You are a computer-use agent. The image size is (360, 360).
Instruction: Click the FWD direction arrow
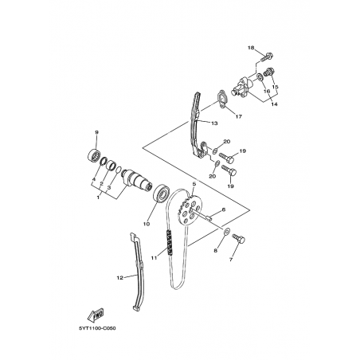pos(96,314)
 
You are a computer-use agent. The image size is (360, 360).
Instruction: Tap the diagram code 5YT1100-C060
pos(97,328)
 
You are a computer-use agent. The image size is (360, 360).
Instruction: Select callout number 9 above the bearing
pos(96,132)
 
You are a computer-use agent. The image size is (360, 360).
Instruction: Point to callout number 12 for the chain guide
pos(120,278)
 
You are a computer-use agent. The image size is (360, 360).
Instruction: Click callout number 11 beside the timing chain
pos(155,257)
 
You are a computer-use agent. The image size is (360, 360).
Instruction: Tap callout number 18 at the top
pos(251,48)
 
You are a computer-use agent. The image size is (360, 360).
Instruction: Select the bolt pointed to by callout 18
pos(267,57)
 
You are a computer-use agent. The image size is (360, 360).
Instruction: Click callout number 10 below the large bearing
pos(147,224)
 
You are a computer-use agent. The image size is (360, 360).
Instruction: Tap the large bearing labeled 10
pos(160,194)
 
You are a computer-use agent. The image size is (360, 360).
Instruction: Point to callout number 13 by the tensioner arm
pos(214,123)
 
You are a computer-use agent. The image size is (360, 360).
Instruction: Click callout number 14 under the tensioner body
pos(275,104)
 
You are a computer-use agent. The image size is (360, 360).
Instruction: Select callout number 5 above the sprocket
pos(194,183)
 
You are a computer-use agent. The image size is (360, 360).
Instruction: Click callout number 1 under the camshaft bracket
pos(98,198)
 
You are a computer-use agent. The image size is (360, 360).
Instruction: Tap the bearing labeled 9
pos(94,155)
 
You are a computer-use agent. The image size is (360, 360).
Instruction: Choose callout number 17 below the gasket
pos(239,116)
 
